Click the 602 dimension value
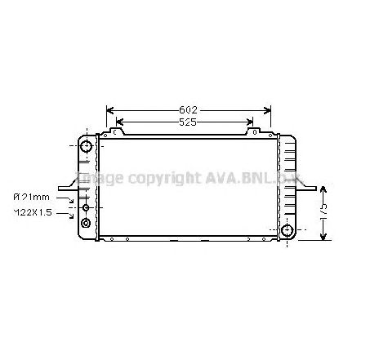pos(189,109)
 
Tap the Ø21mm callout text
pos(31,197)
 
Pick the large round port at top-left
pos(87,148)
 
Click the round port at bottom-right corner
pos(287,231)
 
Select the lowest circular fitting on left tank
pos(86,221)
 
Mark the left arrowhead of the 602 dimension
pos(109,109)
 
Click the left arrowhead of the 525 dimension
pos(119,123)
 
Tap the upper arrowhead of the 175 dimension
pos(323,187)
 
